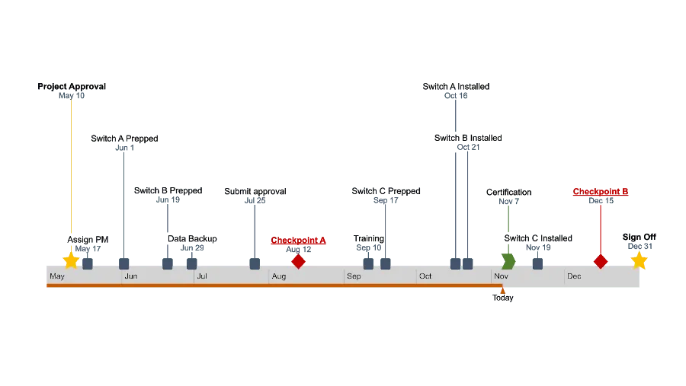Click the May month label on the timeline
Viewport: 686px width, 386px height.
pos(57,276)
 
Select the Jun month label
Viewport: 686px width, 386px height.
pos(130,276)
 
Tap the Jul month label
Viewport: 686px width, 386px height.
pos(201,276)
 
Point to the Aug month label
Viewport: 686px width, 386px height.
pos(278,276)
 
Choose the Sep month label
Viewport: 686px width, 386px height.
pos(354,276)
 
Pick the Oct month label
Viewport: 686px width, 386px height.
pos(425,276)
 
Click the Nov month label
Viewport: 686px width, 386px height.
pos(501,276)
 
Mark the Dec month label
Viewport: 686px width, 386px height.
pos(574,276)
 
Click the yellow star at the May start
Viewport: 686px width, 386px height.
pos(71,260)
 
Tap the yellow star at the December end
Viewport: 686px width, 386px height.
pos(639,260)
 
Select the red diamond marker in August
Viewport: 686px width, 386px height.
pos(298,261)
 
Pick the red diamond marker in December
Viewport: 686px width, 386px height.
pos(601,261)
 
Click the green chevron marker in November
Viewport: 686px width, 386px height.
pos(508,261)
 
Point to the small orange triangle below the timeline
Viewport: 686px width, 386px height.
pos(502,290)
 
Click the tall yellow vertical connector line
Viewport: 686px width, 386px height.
pos(70,167)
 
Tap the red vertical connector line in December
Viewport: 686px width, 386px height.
pos(601,228)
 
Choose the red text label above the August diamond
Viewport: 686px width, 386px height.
pos(298,241)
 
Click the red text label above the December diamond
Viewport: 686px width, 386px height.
pos(601,192)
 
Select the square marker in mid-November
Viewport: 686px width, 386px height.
pos(537,263)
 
